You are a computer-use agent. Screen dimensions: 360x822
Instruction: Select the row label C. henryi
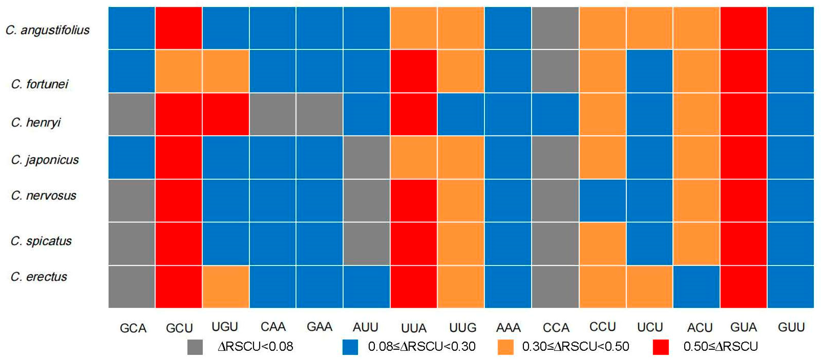click(x=36, y=122)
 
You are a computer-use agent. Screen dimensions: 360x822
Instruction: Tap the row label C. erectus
click(x=39, y=277)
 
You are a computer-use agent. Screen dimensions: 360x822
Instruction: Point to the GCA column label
click(x=133, y=328)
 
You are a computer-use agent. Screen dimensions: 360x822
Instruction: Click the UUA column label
click(x=413, y=328)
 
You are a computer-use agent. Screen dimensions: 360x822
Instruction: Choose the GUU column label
click(x=791, y=327)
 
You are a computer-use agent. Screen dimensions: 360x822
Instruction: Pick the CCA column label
click(x=555, y=328)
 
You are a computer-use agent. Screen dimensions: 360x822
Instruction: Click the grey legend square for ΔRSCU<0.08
click(x=195, y=347)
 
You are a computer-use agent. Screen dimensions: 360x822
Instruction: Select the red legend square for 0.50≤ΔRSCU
click(x=660, y=347)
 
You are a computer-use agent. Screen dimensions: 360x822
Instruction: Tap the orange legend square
click(x=505, y=347)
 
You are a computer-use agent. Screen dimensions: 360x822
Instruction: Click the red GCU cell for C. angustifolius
click(x=178, y=28)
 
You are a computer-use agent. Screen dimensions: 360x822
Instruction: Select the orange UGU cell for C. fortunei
click(x=226, y=71)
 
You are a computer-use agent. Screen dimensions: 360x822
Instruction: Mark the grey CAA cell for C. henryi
click(x=273, y=114)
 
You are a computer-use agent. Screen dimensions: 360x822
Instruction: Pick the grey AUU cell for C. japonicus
click(x=366, y=157)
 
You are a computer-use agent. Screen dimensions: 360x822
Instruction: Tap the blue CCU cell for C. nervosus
click(x=602, y=200)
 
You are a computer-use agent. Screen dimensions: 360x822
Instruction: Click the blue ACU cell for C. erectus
click(x=697, y=287)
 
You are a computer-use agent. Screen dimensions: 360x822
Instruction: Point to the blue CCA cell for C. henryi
click(x=555, y=114)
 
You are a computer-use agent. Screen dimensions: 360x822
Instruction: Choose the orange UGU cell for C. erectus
click(x=226, y=287)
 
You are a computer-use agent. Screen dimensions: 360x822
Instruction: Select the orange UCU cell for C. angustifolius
click(x=649, y=28)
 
